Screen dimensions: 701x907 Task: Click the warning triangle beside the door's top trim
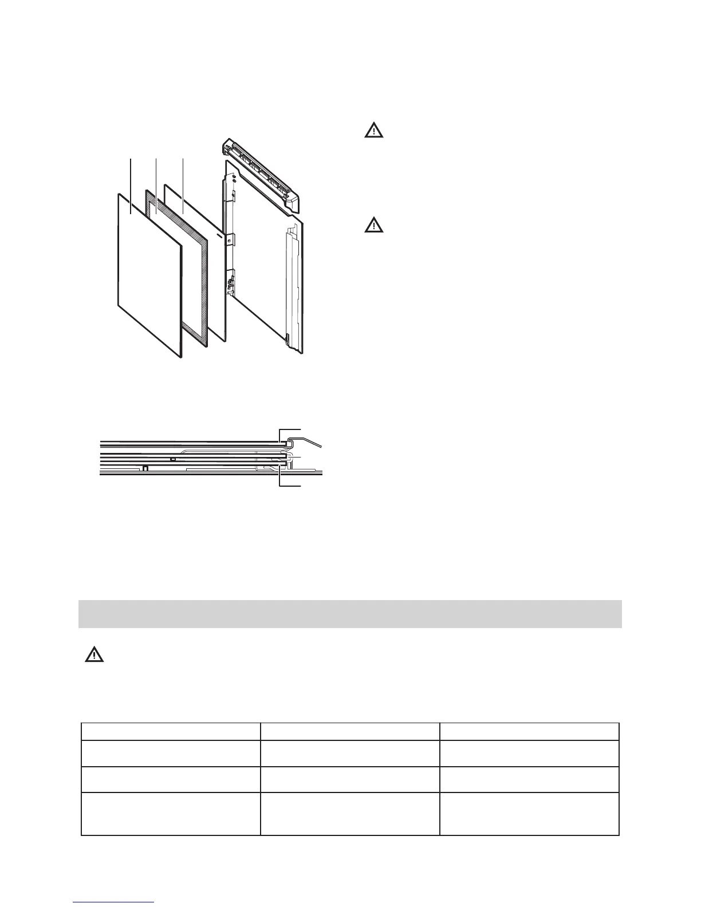[x=374, y=131]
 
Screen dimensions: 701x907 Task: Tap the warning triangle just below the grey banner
[x=94, y=655]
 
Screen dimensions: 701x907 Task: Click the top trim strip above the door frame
[x=263, y=172]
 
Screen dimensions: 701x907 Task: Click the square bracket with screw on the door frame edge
[x=229, y=240]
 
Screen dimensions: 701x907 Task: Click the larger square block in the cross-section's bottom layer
[x=145, y=467]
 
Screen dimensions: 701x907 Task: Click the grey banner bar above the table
[x=349, y=614]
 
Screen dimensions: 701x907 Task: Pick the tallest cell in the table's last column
[x=529, y=814]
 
